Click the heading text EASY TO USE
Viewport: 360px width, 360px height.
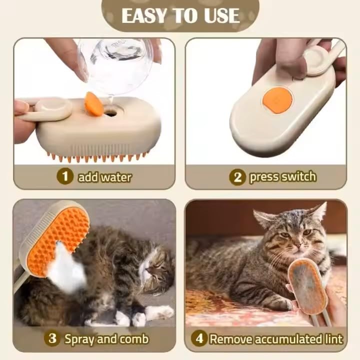(180, 15)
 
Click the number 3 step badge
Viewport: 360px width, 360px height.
(52, 338)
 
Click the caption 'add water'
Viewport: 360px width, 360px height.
(105, 176)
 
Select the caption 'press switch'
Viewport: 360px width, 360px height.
(282, 176)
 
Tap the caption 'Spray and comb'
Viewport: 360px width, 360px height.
(106, 338)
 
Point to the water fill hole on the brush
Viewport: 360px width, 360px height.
(111, 112)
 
